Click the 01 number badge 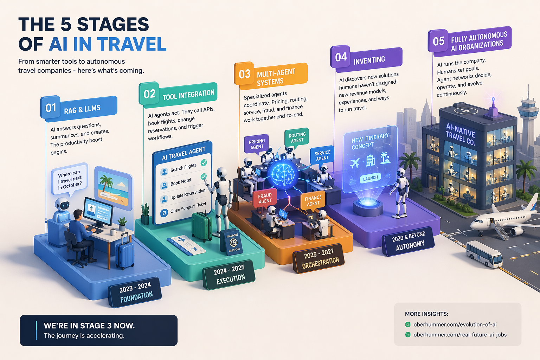(x=51, y=108)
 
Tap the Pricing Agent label (x=257, y=144)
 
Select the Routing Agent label (x=297, y=137)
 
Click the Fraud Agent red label (x=265, y=198)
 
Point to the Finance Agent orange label (x=313, y=200)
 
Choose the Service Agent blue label (x=322, y=155)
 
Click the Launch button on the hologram (x=370, y=178)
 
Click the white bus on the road (x=484, y=253)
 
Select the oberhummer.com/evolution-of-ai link (x=455, y=324)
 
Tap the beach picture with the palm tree (x=114, y=188)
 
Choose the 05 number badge (x=438, y=41)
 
